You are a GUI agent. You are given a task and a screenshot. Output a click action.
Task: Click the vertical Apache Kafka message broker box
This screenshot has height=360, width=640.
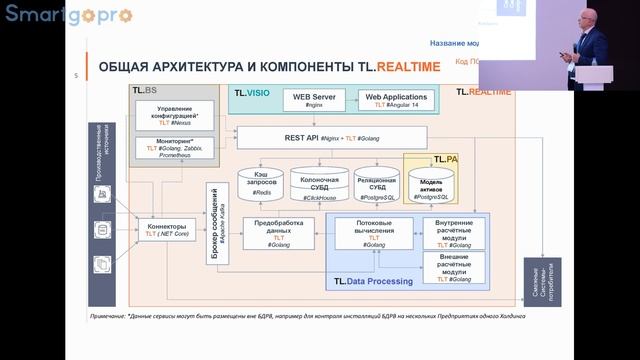click(x=220, y=231)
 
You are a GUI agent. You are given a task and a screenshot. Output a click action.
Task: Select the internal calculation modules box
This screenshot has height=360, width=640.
click(x=453, y=231)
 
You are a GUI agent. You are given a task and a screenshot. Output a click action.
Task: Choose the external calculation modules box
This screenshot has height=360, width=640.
click(x=453, y=266)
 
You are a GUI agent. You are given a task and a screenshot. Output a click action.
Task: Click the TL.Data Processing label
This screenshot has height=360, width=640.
click(x=370, y=282)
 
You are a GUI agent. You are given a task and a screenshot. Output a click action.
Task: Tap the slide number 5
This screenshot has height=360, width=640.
click(x=77, y=76)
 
